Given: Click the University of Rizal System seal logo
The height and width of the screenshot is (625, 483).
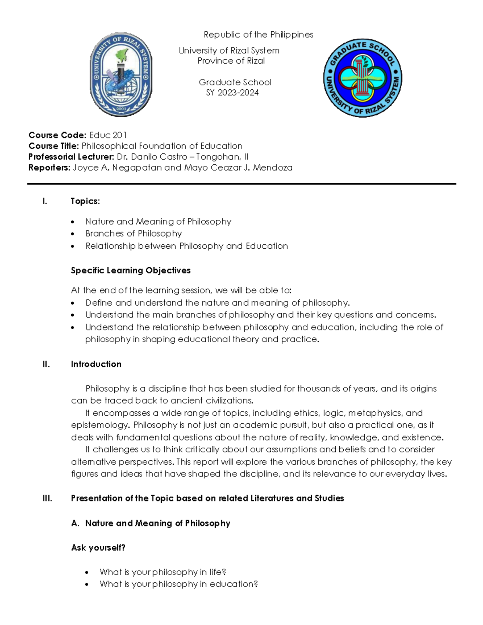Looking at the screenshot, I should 121,74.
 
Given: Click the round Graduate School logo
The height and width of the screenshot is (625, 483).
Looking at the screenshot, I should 362,78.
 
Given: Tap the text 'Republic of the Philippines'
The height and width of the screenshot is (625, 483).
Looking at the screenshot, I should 258,35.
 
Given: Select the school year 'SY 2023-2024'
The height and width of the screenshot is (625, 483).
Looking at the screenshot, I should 232,93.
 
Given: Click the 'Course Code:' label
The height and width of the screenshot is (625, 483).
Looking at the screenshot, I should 57,135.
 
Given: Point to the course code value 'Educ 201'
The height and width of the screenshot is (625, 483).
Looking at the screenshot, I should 108,135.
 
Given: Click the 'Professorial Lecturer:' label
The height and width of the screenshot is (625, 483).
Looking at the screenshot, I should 71,157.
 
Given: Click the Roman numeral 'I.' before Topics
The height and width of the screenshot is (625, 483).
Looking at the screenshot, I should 45,201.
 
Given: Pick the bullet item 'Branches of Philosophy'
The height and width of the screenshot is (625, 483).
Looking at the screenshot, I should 134,233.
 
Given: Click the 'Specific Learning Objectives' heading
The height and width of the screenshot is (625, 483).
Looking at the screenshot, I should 130,270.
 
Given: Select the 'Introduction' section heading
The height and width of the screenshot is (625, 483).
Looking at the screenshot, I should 96,364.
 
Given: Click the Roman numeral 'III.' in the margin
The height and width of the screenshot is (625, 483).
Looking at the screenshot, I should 47,499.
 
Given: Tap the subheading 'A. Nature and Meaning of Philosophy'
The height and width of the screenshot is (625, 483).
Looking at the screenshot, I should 151,523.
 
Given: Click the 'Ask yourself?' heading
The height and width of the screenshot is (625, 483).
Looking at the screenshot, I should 98,548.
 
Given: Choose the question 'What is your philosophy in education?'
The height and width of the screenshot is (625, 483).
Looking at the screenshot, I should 178,584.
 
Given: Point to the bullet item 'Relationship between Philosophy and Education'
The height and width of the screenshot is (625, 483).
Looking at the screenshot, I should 186,246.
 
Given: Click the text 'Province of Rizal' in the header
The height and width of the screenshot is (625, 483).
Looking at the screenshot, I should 231,61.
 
